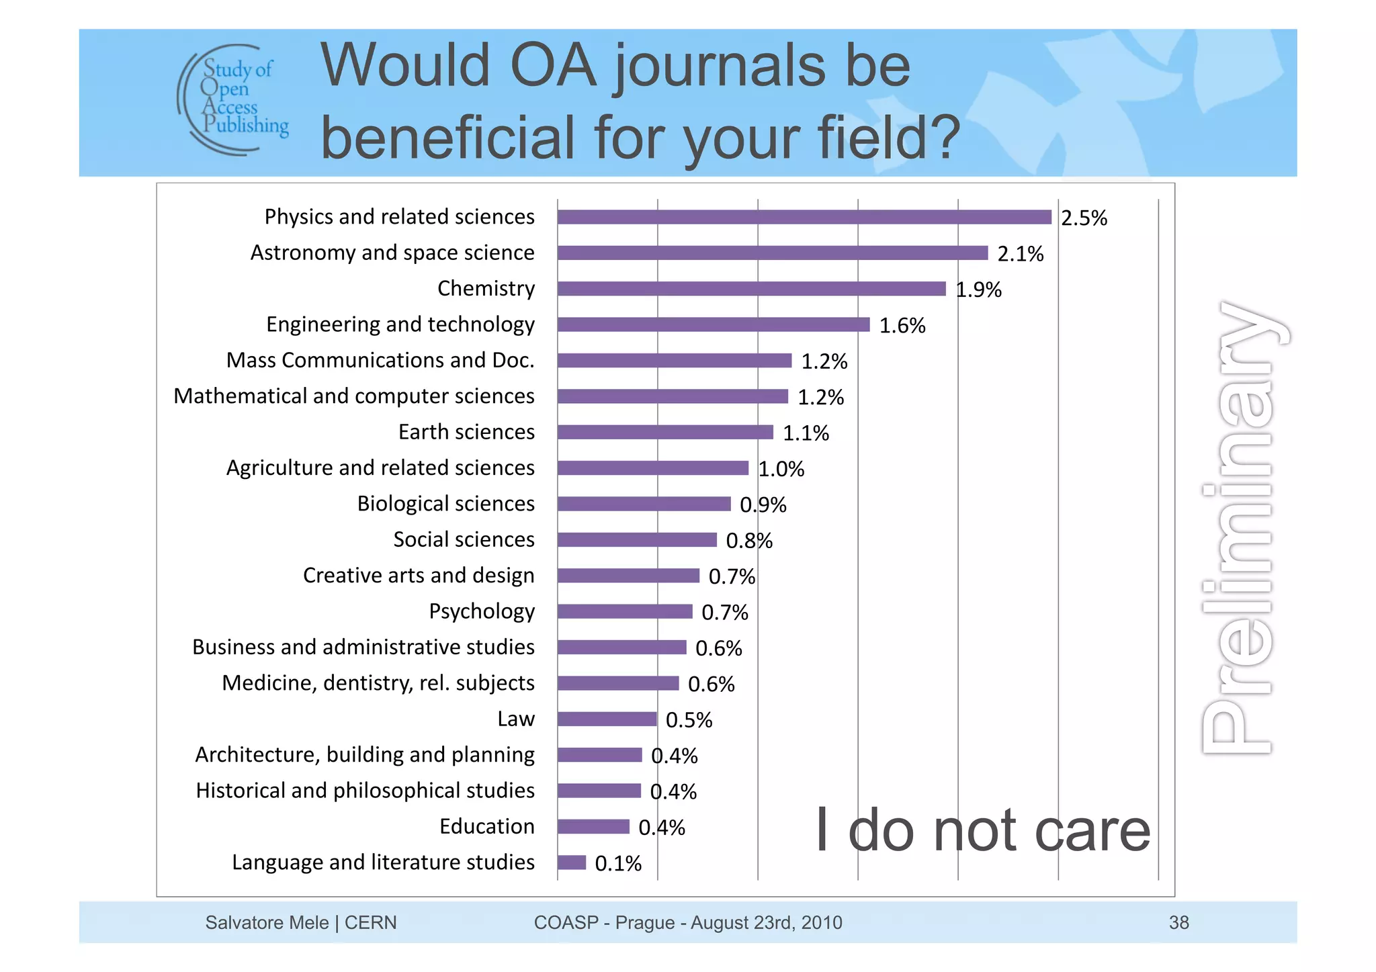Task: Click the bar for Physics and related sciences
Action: (x=804, y=217)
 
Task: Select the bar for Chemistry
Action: (x=751, y=289)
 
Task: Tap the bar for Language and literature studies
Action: (x=571, y=863)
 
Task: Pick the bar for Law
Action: (x=607, y=719)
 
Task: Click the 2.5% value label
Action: (x=1084, y=218)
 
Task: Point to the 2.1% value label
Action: (x=1020, y=254)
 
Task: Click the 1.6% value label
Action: (x=902, y=326)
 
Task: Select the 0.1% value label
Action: (x=617, y=864)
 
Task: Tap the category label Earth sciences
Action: (x=466, y=432)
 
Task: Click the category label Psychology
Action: (x=482, y=611)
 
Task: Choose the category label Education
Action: (x=486, y=826)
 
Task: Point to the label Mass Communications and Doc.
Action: (x=380, y=360)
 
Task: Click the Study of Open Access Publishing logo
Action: (x=234, y=99)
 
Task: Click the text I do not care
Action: (x=982, y=832)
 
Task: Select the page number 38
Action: (x=1178, y=923)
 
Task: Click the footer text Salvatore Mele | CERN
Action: (x=300, y=923)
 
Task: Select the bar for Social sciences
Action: (x=636, y=540)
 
